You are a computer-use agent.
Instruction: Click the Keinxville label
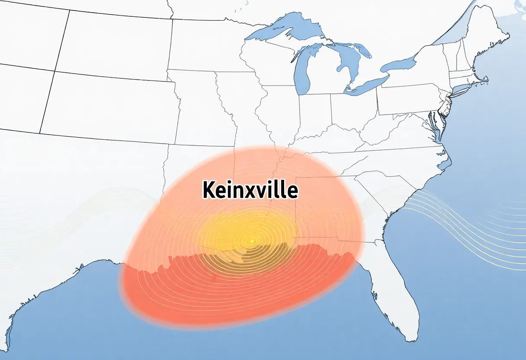[250, 190]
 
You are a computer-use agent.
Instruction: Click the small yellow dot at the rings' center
[252, 241]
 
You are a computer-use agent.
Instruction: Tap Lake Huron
[346, 65]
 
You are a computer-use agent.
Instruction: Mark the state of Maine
[493, 35]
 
